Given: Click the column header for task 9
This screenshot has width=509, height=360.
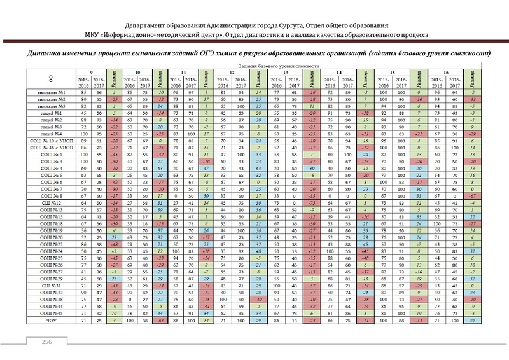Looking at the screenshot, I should pyautogui.click(x=92, y=72).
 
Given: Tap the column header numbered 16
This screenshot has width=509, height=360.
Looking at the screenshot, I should pyautogui.click(x=446, y=72).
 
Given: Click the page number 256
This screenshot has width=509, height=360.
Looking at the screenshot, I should pyautogui.click(x=47, y=342).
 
